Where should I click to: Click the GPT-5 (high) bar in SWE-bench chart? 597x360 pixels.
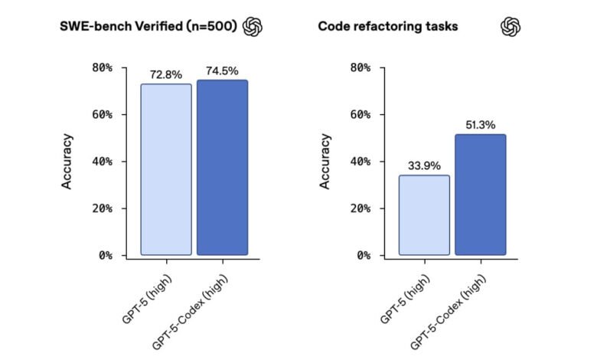click(x=166, y=169)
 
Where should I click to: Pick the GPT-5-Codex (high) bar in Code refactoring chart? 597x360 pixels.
click(x=480, y=195)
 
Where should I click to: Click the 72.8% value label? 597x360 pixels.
click(x=166, y=75)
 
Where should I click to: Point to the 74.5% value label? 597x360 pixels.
click(x=223, y=71)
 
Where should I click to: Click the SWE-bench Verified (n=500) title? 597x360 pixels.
click(x=148, y=27)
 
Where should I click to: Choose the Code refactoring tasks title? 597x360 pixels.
click(x=388, y=27)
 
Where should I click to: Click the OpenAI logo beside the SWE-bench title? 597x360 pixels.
click(x=253, y=27)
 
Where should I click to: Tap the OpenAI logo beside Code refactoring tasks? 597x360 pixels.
click(x=511, y=27)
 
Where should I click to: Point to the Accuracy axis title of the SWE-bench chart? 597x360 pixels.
click(x=67, y=162)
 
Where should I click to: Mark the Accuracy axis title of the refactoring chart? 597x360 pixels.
click(x=325, y=162)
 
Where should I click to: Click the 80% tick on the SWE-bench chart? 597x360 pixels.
click(x=100, y=67)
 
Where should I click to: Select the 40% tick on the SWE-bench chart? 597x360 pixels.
click(x=100, y=162)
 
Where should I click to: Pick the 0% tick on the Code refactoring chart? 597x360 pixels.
click(x=360, y=255)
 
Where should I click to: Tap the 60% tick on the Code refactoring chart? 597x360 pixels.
click(x=358, y=115)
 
